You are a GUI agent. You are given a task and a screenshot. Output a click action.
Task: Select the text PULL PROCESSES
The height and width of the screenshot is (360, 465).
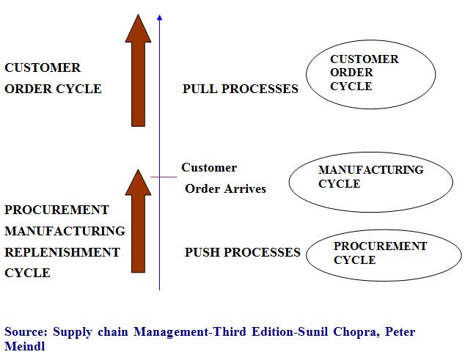(241, 89)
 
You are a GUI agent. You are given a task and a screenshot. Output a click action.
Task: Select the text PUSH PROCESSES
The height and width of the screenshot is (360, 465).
(243, 253)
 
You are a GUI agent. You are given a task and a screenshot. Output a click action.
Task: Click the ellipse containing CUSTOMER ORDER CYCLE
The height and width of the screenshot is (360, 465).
(370, 73)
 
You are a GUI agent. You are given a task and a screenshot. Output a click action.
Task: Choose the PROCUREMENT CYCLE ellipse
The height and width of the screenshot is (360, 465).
(383, 254)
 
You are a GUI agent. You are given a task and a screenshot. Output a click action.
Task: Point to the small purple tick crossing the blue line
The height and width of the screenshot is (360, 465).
(164, 177)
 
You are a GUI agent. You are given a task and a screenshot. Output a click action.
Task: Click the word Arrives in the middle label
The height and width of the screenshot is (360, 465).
(245, 189)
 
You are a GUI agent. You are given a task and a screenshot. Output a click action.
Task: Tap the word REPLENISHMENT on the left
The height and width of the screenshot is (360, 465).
(62, 252)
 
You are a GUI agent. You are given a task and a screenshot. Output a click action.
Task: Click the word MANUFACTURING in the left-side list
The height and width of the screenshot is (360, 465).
(65, 231)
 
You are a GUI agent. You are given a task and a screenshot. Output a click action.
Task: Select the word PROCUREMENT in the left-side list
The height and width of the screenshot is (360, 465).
(56, 210)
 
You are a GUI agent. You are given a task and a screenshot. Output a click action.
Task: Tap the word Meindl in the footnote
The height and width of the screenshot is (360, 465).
(24, 346)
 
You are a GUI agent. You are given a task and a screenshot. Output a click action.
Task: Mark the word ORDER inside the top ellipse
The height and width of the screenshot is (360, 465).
(351, 73)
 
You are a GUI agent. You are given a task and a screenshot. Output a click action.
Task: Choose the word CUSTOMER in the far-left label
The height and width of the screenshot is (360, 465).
(43, 67)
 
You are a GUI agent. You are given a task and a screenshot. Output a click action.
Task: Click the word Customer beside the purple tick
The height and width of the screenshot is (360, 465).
(209, 168)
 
